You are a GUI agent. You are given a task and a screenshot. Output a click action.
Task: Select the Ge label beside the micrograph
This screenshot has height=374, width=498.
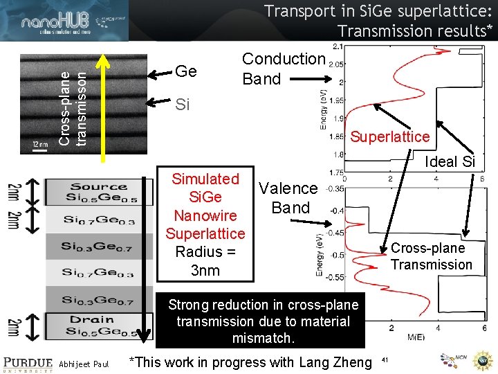point(186,71)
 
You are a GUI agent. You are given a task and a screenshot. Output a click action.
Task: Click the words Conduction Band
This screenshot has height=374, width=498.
point(283,69)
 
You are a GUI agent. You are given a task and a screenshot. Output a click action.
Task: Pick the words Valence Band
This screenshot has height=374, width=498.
point(289,197)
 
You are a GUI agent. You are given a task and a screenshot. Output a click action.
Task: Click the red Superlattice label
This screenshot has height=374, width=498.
point(389,136)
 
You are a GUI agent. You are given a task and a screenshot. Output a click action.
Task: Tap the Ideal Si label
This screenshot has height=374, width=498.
point(450,161)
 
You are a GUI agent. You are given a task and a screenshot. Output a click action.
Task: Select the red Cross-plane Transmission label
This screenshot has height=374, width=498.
point(431,256)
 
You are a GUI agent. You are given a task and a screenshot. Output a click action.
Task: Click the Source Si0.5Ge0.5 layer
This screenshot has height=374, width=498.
point(98,192)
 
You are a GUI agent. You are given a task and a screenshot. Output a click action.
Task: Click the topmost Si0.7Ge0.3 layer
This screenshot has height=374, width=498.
point(98,220)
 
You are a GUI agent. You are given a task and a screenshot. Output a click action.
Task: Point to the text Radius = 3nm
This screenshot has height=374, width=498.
point(205,261)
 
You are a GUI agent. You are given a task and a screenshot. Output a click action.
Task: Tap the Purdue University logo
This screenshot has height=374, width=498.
point(27,363)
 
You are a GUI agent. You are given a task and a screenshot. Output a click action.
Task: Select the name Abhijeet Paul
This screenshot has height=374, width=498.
point(84,364)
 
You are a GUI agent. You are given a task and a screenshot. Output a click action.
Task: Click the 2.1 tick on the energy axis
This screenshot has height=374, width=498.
point(338,46)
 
